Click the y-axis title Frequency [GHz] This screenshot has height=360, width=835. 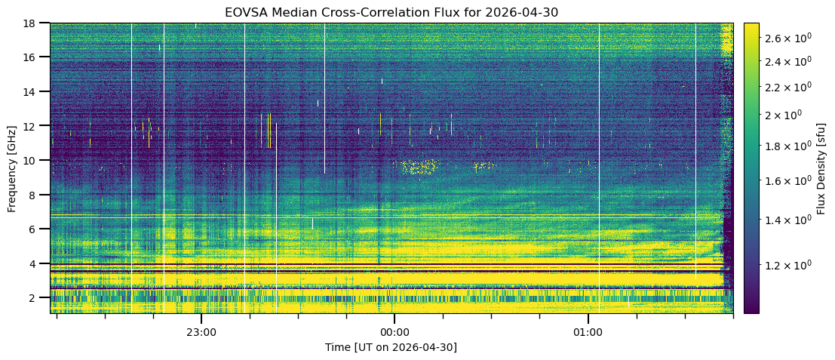[12, 168]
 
